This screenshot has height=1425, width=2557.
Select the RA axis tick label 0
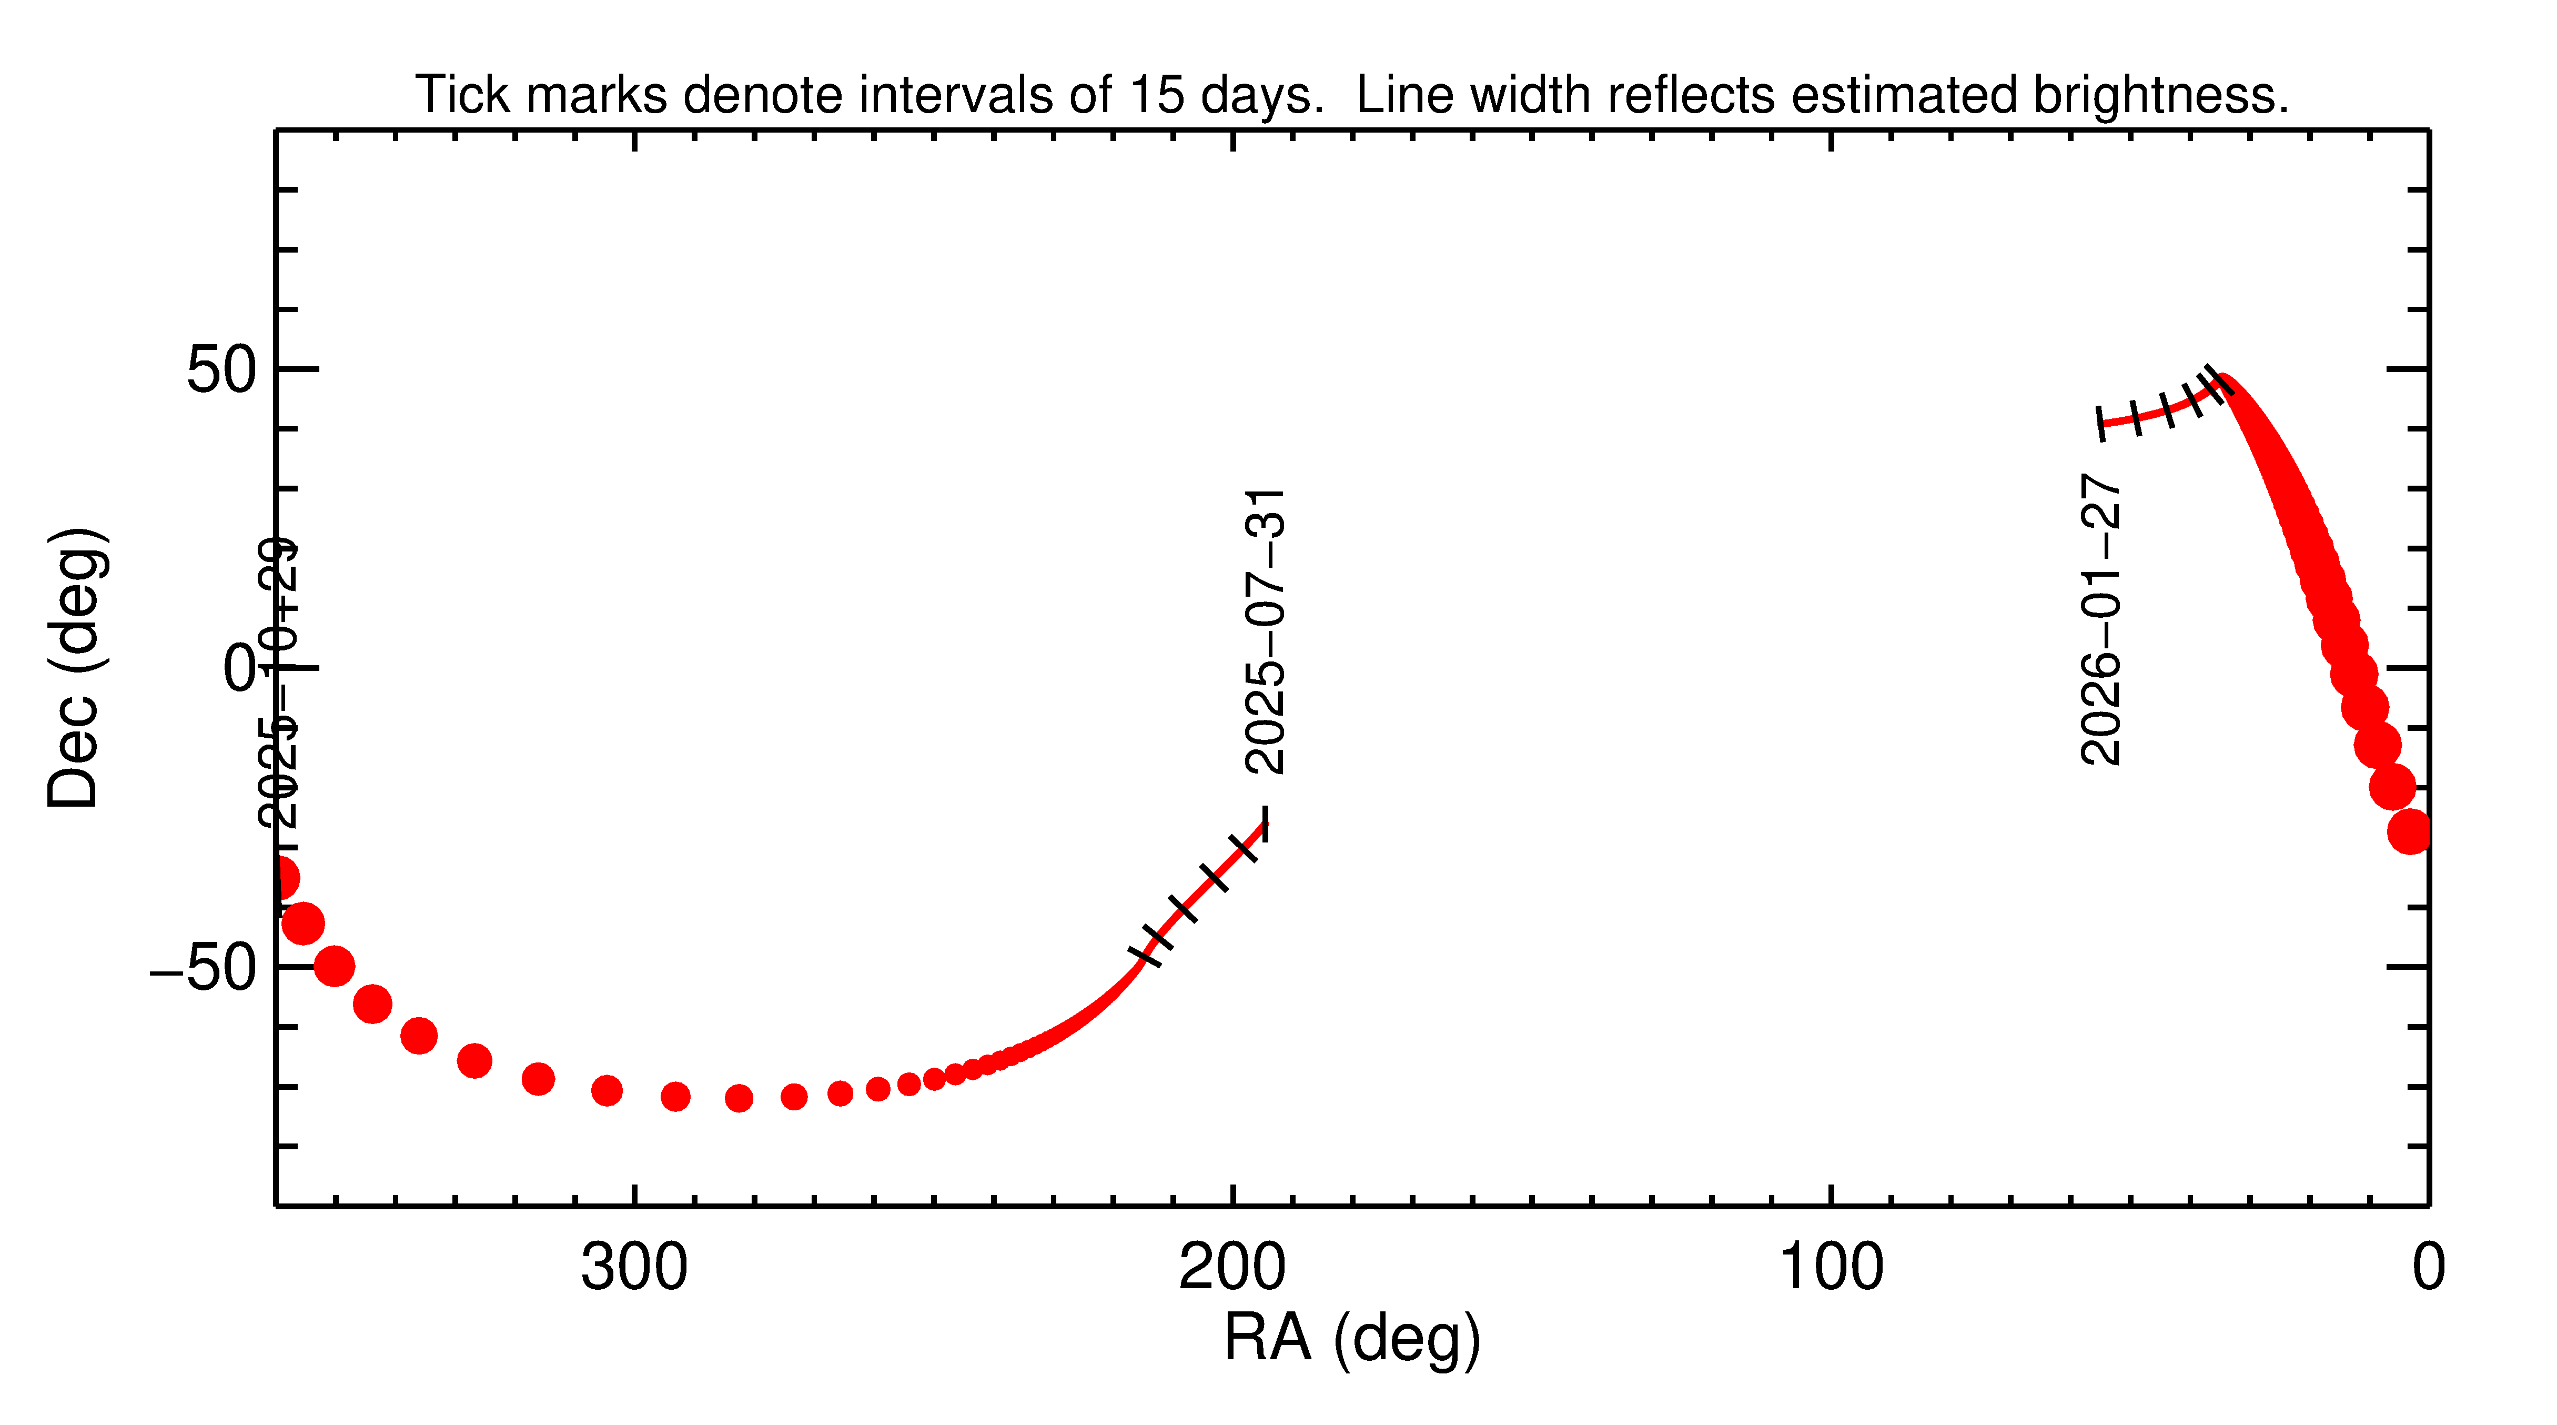pyautogui.click(x=2428, y=1268)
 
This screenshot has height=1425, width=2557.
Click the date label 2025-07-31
pyautogui.click(x=1266, y=631)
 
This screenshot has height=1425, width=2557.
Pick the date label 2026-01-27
pyautogui.click(x=2100, y=620)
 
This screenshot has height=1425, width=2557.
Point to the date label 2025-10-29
pyautogui.click(x=278, y=683)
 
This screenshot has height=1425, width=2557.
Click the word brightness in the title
pyautogui.click(x=2159, y=95)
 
